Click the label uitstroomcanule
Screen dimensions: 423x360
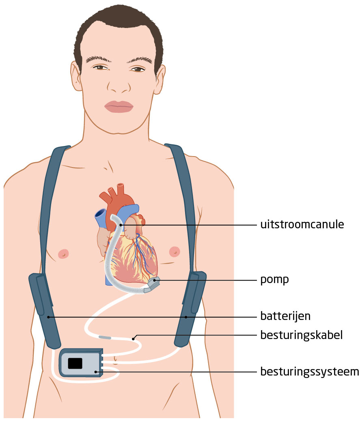click(x=302, y=225)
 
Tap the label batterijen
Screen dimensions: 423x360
click(x=289, y=316)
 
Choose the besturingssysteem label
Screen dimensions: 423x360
click(x=309, y=371)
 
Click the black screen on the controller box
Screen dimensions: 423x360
click(x=75, y=363)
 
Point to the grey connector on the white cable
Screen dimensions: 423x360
click(x=105, y=337)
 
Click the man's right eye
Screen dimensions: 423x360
click(x=99, y=67)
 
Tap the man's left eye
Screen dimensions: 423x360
click(x=138, y=69)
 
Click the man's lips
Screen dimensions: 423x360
click(x=119, y=107)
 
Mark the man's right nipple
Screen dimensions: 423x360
click(x=63, y=254)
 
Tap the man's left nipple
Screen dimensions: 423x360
click(x=175, y=251)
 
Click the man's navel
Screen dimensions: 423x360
click(x=116, y=359)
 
